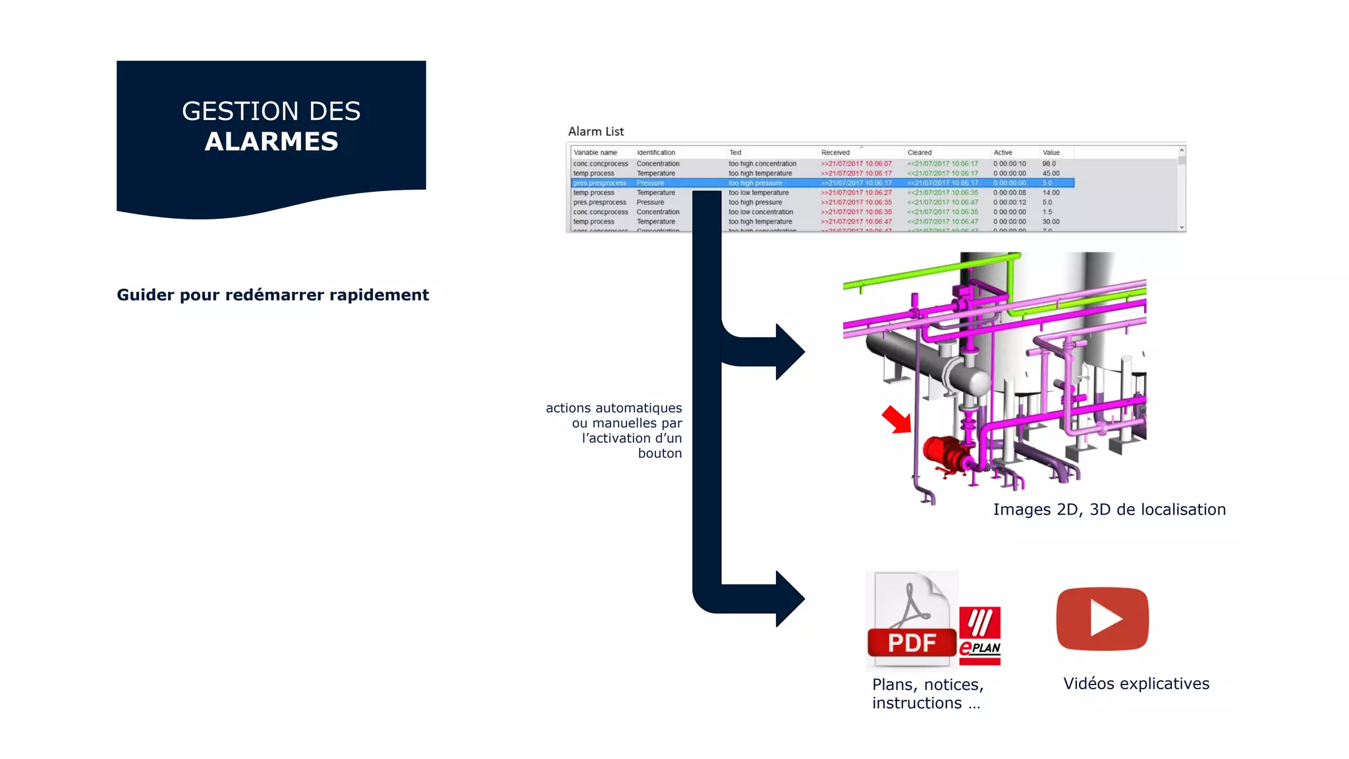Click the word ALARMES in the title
(x=271, y=142)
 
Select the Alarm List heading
(x=595, y=131)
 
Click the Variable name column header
(x=595, y=152)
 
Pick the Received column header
(x=835, y=152)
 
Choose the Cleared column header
(x=919, y=152)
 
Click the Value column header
(x=1051, y=152)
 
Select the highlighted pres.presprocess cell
(x=599, y=183)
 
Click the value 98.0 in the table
(x=1049, y=163)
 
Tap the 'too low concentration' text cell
(x=760, y=212)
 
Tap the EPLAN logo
(x=979, y=635)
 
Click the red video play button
(x=1103, y=619)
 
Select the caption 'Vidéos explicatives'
(x=1136, y=684)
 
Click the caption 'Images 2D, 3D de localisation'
(x=1109, y=509)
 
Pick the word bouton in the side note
(x=659, y=453)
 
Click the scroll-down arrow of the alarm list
(x=1182, y=227)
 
